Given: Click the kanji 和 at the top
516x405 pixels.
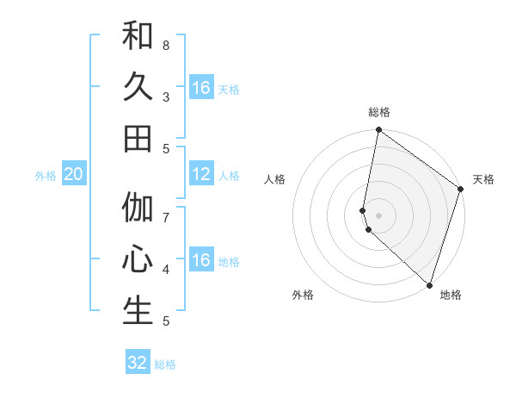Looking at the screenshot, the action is pos(138,36).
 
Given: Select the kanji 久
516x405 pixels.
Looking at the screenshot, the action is pos(138,87).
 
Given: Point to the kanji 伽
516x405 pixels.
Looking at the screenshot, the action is pos(138,208).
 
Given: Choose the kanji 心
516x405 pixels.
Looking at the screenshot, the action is pos(138,259).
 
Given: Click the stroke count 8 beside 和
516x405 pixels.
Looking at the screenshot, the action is pos(166,45).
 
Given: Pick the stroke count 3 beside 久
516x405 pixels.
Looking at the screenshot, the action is pos(166,97).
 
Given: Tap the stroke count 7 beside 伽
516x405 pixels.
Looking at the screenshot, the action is pos(166,217).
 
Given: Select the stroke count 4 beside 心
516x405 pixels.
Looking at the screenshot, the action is pos(166,269).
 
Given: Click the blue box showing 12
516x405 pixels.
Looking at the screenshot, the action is pos(201,175).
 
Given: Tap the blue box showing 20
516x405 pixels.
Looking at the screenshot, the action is pos(73,175).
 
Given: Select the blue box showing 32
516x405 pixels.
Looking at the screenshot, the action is pos(138,363).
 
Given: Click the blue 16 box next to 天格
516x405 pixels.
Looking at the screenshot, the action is pos(201,88).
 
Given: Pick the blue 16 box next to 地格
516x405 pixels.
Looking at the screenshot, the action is pos(201,261).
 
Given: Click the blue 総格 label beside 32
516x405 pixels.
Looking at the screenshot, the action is pos(165,364).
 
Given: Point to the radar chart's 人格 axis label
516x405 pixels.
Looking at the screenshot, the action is pos(275,179).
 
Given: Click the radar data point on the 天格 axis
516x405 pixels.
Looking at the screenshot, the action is pos(460,190).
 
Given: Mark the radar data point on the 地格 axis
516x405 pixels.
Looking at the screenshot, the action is pos(430,285).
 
